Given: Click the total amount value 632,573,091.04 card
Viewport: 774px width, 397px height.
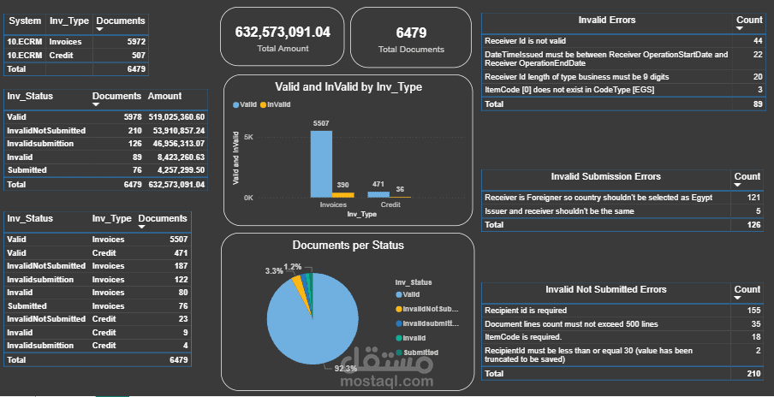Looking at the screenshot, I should [283, 33].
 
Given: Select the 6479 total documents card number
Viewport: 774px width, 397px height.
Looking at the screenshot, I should [410, 33].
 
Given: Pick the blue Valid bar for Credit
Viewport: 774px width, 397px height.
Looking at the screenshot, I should [378, 194].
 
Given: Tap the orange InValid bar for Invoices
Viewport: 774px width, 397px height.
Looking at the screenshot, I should [342, 195].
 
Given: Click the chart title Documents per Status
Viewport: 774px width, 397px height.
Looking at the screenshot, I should [348, 246].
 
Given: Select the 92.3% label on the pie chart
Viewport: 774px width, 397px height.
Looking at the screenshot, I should [346, 368].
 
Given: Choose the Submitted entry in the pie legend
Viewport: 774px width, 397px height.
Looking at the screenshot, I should [420, 353].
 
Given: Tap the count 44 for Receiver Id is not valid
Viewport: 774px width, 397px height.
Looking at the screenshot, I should [758, 40].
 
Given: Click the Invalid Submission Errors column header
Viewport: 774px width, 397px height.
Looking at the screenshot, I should [605, 176].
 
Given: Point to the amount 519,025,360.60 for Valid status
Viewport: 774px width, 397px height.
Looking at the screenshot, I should [176, 116].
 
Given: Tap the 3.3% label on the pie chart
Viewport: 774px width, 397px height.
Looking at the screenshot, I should [274, 271].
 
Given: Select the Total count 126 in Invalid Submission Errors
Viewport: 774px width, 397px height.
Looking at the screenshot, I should [754, 224].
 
